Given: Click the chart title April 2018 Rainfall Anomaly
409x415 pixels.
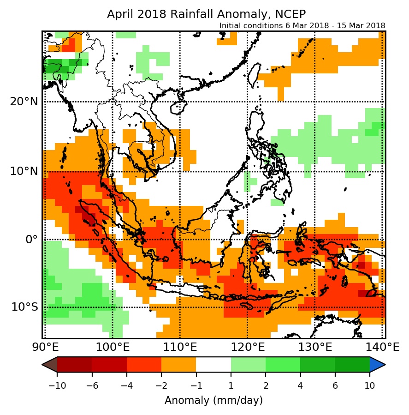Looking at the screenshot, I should pyautogui.click(x=206, y=14).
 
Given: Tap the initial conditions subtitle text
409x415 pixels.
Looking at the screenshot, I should pyautogui.click(x=302, y=25).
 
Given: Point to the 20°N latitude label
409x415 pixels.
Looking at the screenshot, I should pyautogui.click(x=24, y=102).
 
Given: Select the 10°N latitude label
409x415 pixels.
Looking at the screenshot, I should pyautogui.click(x=24, y=172).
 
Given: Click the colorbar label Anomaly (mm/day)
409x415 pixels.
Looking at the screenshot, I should pyautogui.click(x=213, y=400).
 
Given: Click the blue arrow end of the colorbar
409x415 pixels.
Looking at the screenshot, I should pyautogui.click(x=377, y=364).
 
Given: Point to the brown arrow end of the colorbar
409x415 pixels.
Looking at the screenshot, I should pyautogui.click(x=50, y=364).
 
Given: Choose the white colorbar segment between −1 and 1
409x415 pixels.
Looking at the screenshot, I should pyautogui.click(x=213, y=364).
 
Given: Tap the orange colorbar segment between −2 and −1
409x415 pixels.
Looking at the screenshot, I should pyautogui.click(x=178, y=364).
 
